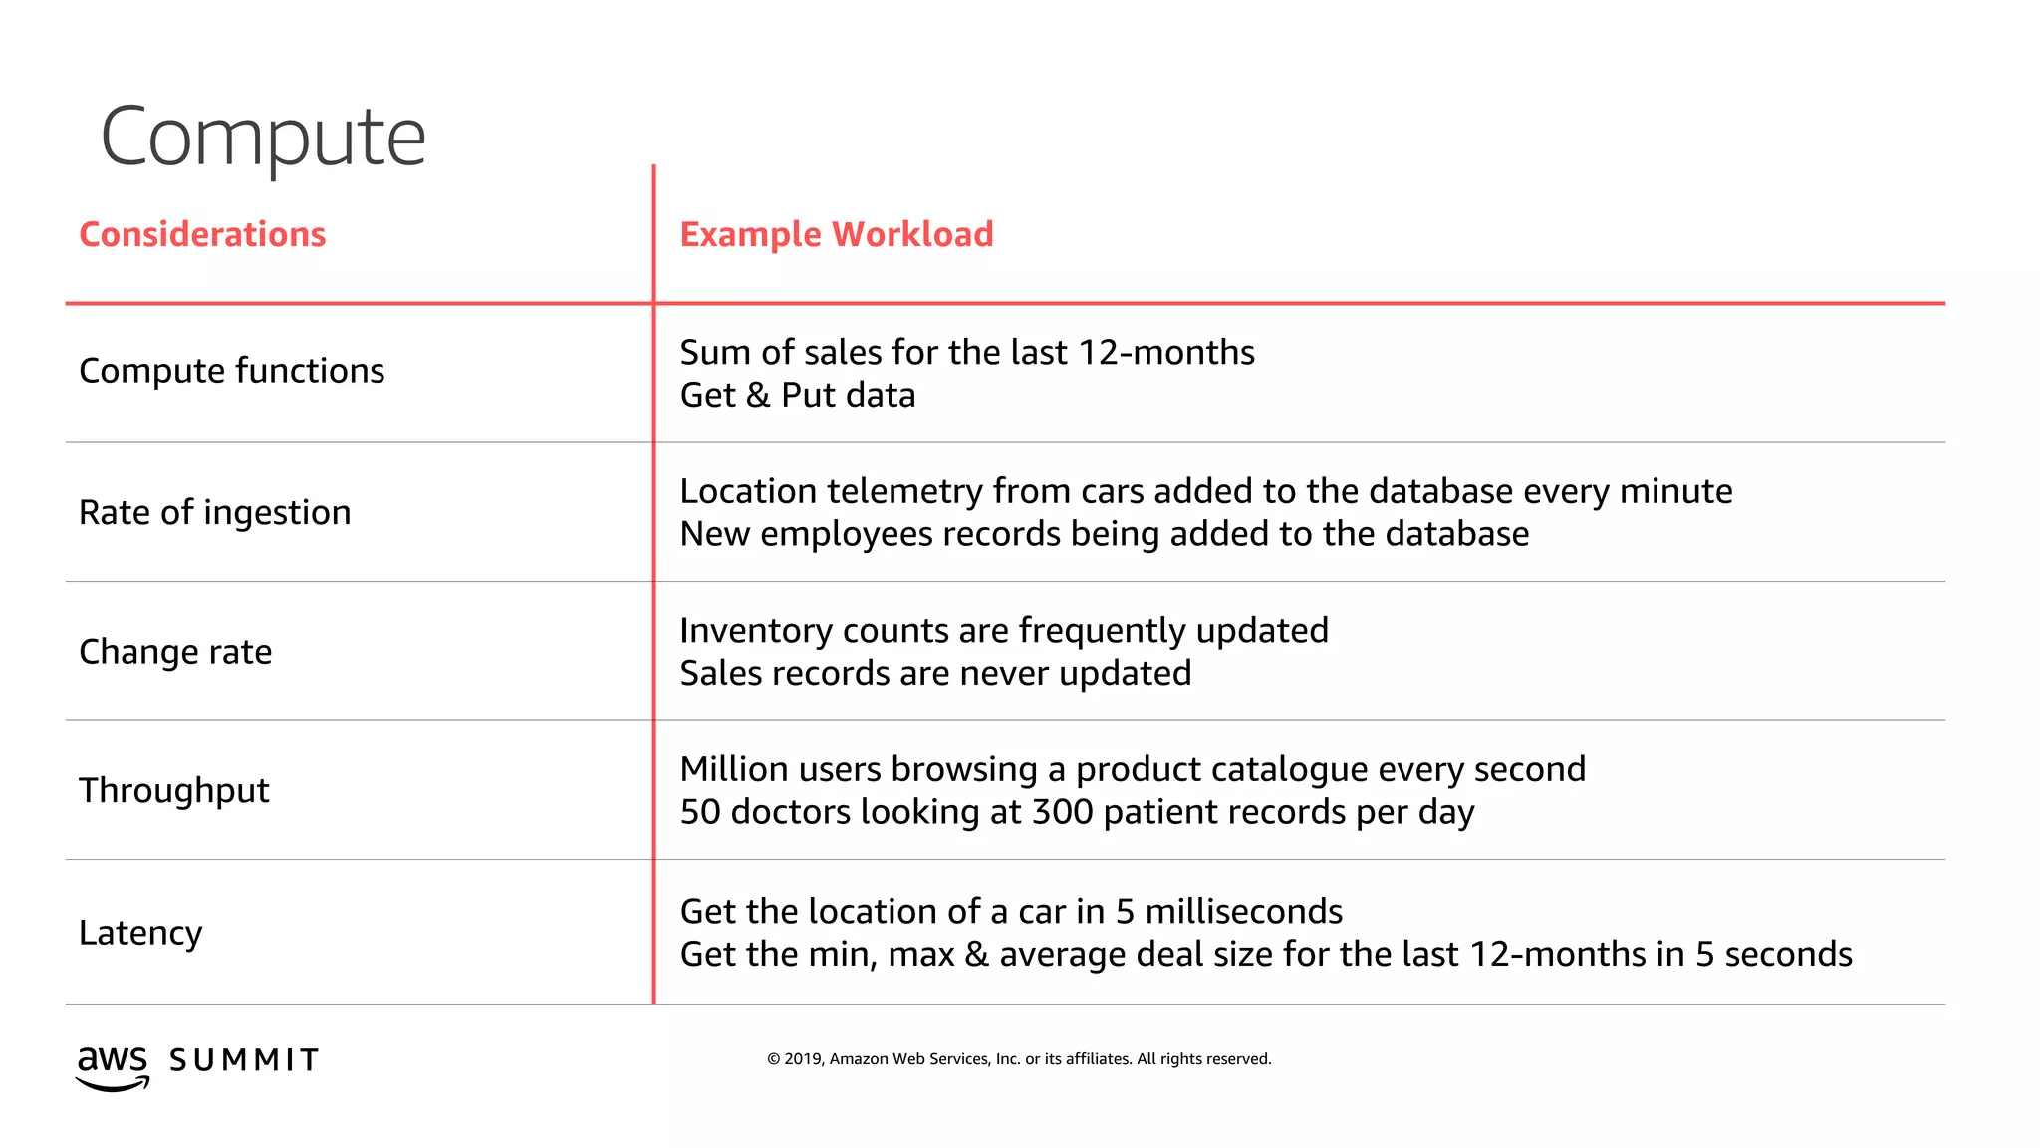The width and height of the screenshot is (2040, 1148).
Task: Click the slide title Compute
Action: [263, 138]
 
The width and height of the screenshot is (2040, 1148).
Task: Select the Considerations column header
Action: [202, 234]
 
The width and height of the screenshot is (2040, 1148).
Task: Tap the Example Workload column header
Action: [837, 234]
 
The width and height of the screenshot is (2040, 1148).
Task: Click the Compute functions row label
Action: [231, 371]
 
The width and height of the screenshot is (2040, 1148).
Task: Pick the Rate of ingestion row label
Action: [215, 512]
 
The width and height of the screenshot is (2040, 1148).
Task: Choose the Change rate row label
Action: [175, 652]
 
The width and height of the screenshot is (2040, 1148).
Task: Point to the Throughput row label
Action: [174, 791]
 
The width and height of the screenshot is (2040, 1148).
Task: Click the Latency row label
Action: [140, 933]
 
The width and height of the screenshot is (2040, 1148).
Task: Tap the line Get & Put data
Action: [798, 396]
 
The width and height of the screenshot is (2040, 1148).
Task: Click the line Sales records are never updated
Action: [935, 674]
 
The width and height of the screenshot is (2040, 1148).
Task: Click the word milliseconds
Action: [1243, 912]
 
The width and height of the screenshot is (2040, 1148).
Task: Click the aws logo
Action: [113, 1066]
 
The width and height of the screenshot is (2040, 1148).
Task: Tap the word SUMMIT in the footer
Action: [244, 1060]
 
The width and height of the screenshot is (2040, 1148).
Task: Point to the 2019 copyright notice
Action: [1019, 1059]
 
